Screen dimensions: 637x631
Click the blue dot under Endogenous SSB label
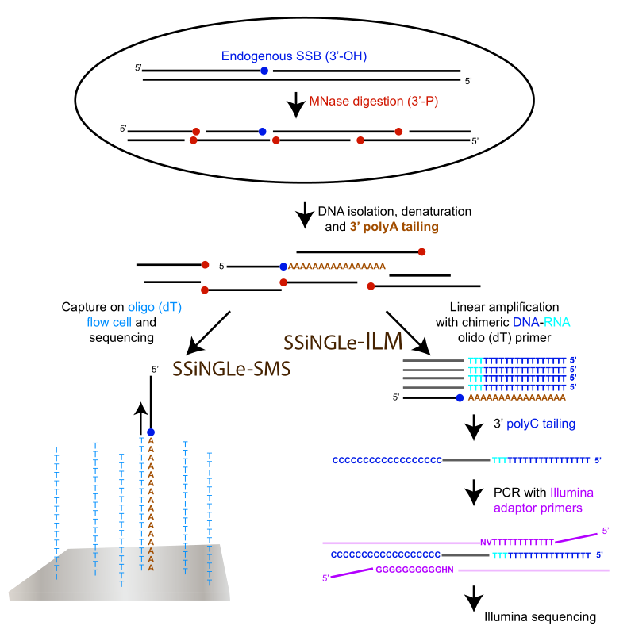click(x=264, y=71)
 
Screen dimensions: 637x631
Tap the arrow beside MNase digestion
click(x=296, y=102)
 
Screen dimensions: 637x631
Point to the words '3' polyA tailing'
click(x=394, y=227)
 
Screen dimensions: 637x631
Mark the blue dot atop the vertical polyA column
click(x=150, y=432)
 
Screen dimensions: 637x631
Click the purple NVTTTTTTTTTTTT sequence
click(x=517, y=542)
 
